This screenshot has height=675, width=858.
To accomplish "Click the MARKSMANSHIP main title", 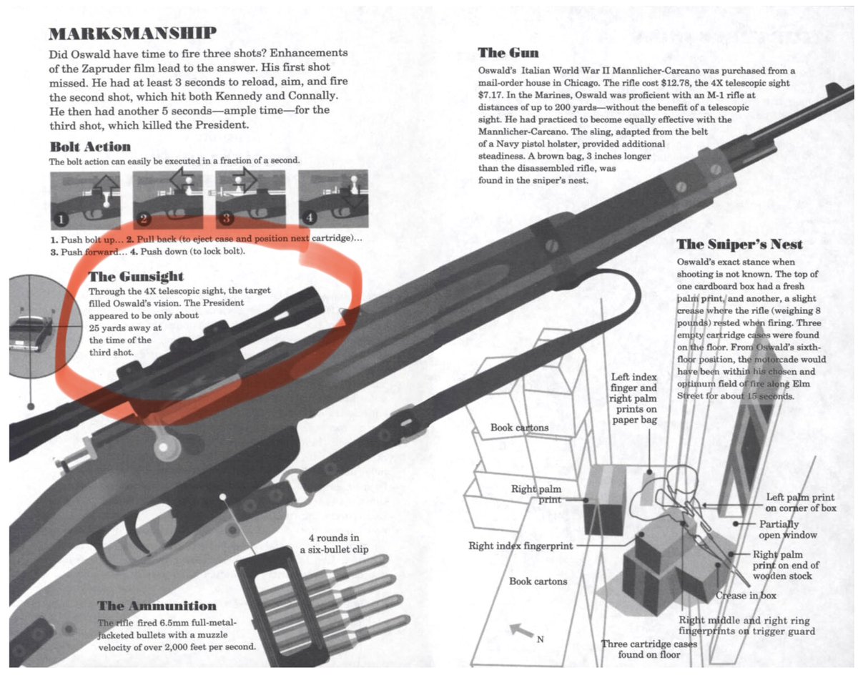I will pos(132,34).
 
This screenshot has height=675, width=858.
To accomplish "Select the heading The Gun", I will pos(508,53).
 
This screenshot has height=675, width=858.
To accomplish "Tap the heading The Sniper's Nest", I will pos(739,245).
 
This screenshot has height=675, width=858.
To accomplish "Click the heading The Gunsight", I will pos(136,277).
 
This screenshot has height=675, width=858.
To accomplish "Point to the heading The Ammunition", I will pos(157,606).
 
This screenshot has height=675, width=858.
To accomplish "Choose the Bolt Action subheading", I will pos(90,147).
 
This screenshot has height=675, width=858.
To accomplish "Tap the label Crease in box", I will pos(746,596).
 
